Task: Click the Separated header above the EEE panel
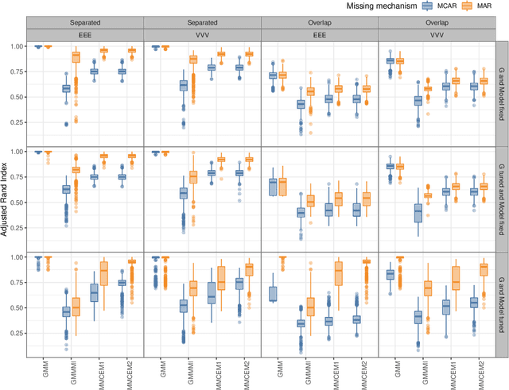[84, 24]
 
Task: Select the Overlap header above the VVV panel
[437, 24]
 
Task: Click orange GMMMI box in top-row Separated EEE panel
[76, 56]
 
